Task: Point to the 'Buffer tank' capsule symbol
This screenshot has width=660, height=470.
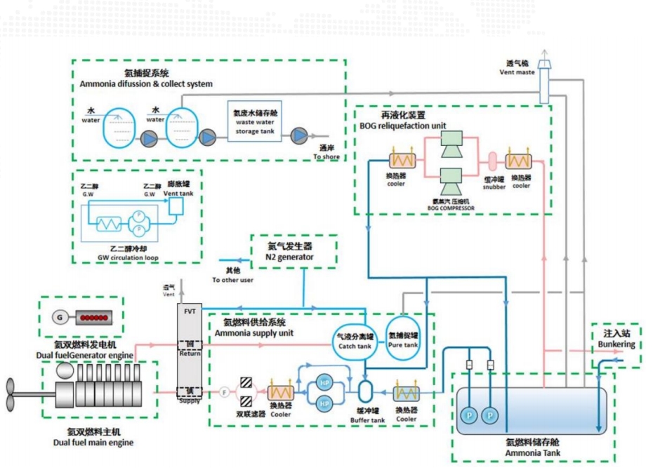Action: click(365, 390)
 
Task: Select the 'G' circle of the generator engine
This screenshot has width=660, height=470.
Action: click(60, 318)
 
